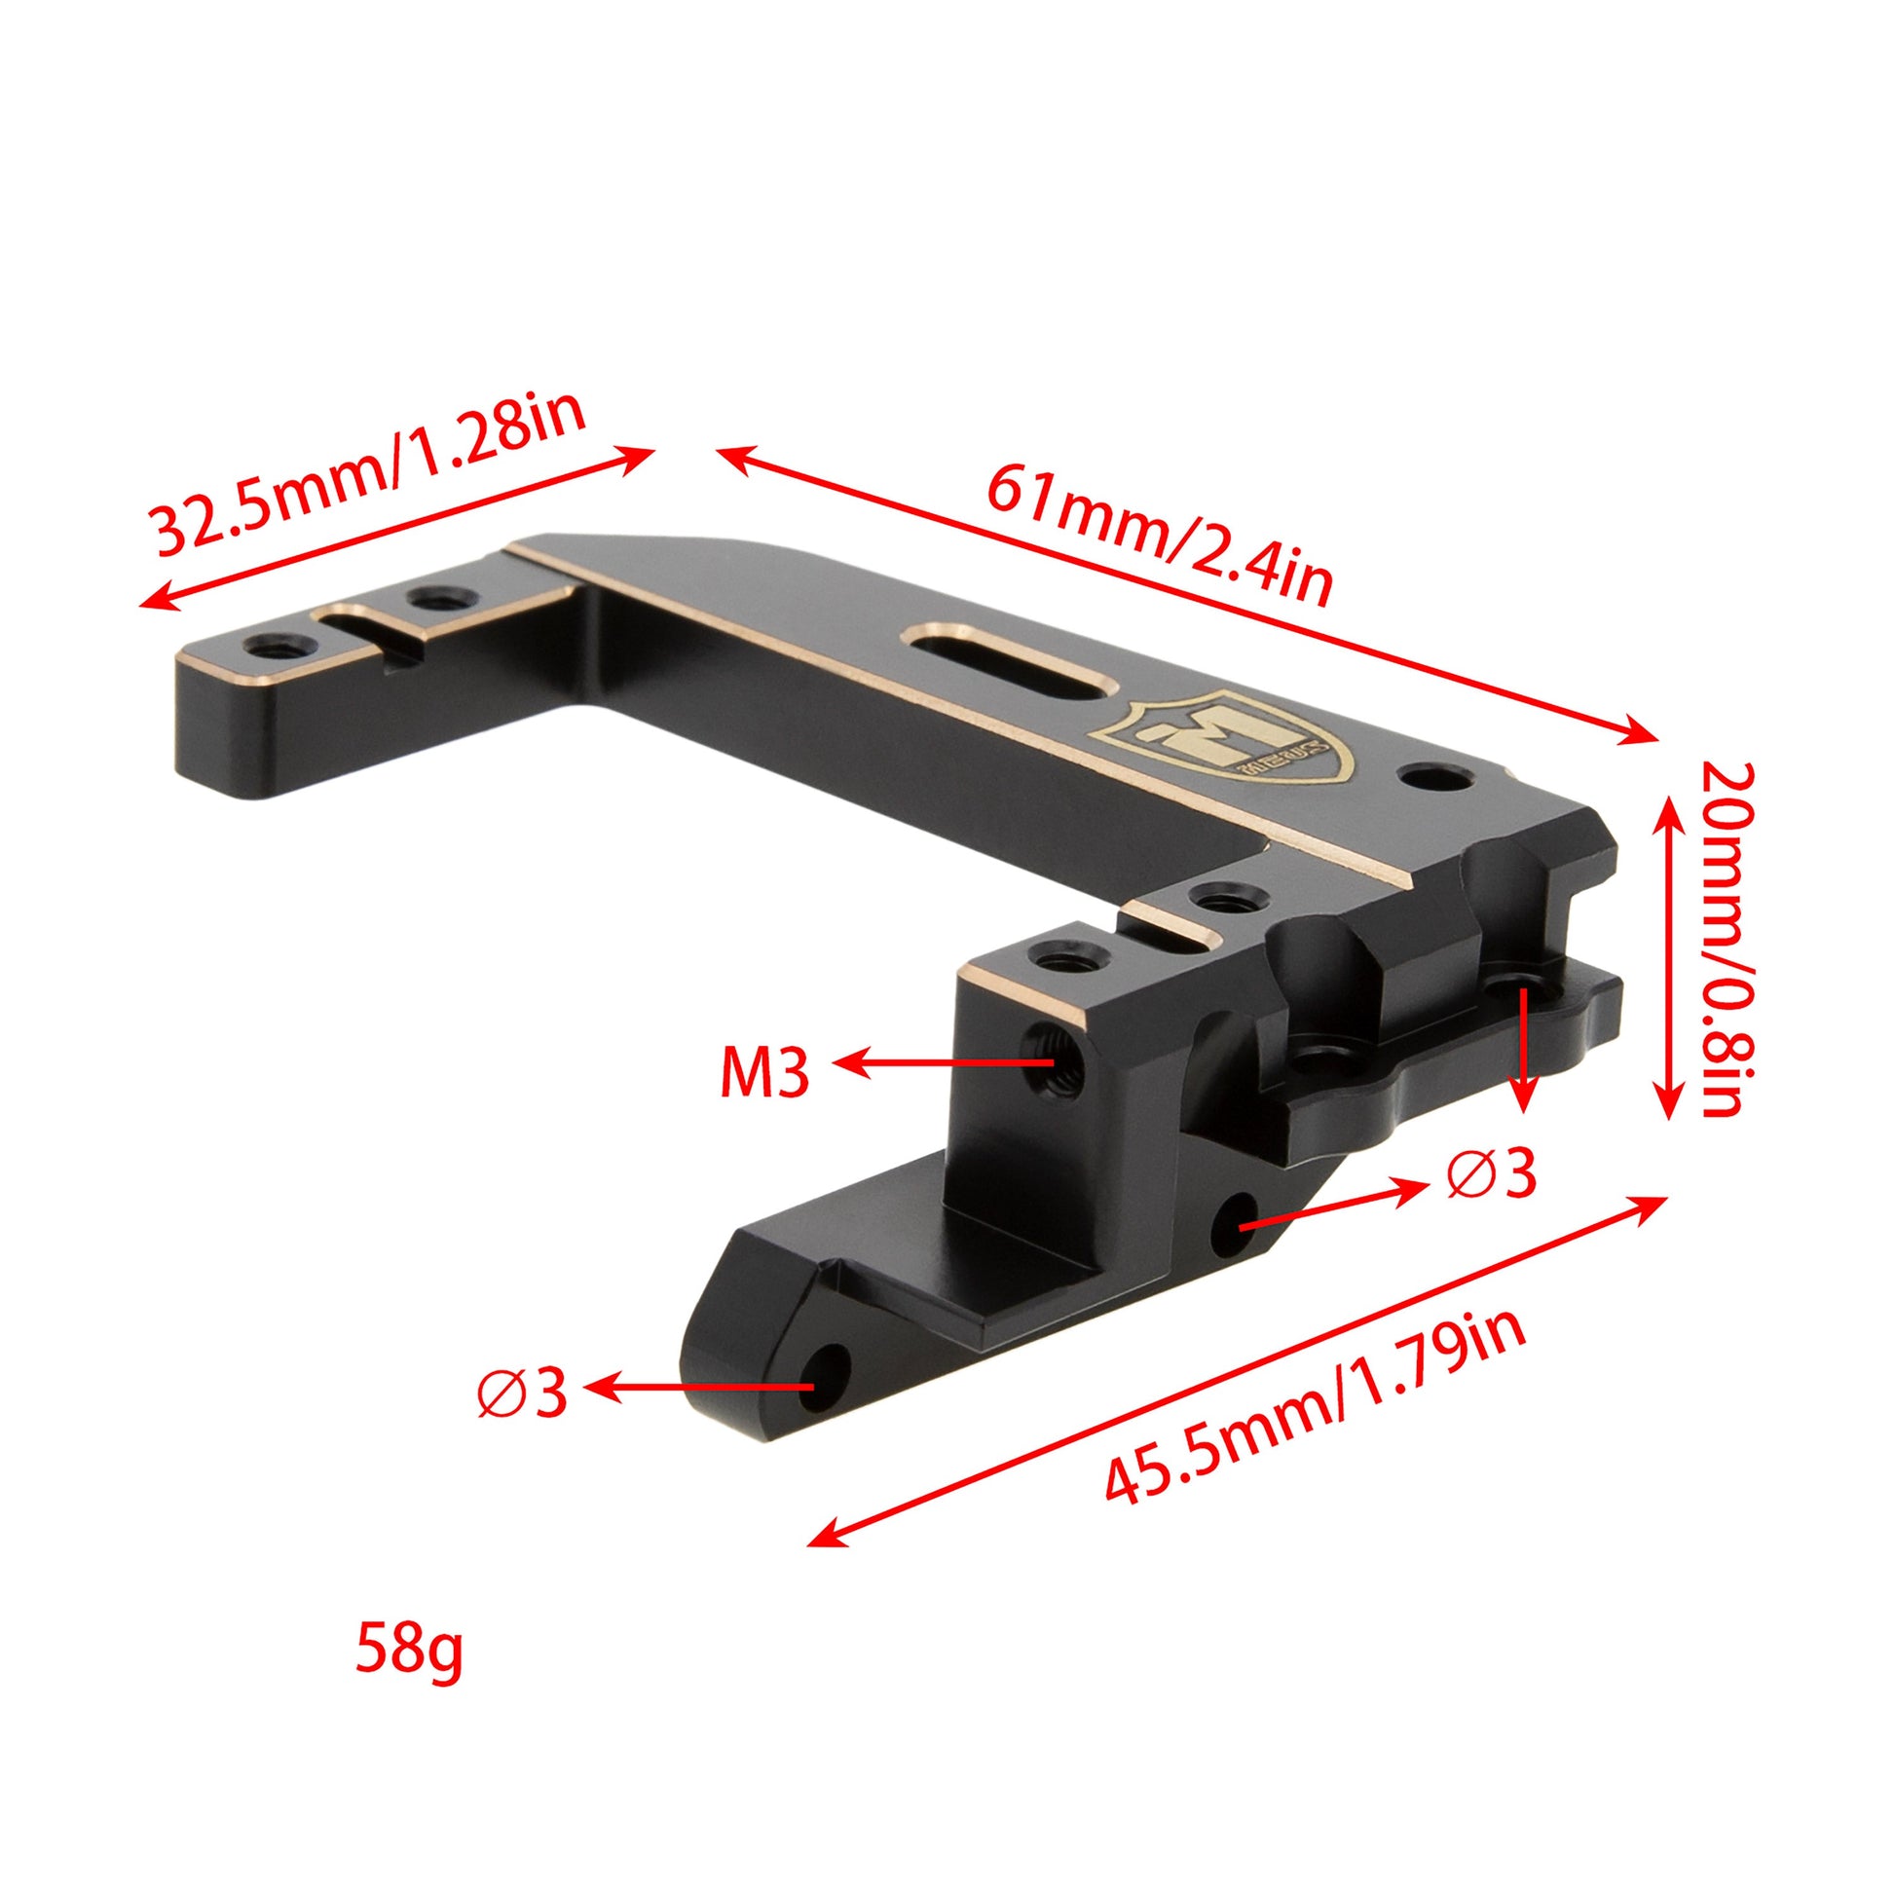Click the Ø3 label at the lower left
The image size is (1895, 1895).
click(523, 1392)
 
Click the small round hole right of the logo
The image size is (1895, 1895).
click(1437, 778)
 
